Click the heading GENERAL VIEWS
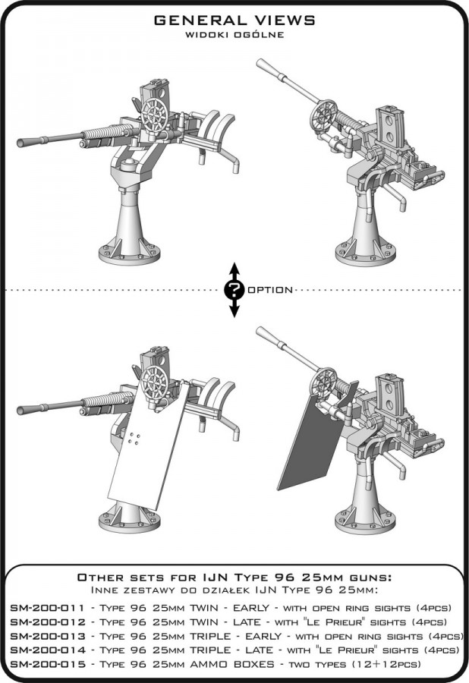pos(234,20)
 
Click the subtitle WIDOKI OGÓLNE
pos(234,35)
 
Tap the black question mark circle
pos(234,290)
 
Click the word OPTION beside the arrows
pos(270,290)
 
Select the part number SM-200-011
pos(47,608)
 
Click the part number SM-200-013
pos(48,636)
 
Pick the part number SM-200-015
pos(48,664)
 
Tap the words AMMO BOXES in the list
pos(232,664)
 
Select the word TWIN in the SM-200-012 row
pos(204,622)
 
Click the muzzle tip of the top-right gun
pos(261,64)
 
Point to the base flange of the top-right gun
pos(366,255)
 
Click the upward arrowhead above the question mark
pos(234,268)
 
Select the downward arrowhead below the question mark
pos(234,311)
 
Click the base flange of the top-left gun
pos(129,254)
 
